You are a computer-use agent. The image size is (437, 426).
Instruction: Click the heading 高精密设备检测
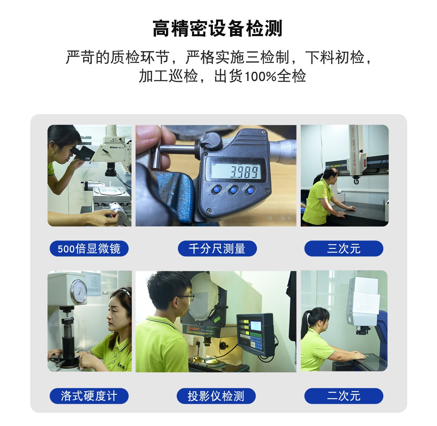(x=217, y=28)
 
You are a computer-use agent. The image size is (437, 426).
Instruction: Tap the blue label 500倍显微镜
(x=89, y=248)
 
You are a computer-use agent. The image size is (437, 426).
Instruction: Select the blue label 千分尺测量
(x=217, y=248)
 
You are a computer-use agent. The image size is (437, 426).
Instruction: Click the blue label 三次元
(x=344, y=248)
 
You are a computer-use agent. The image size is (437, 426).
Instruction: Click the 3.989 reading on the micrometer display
(x=244, y=172)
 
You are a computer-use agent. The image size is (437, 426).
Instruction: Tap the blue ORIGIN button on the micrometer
(x=217, y=190)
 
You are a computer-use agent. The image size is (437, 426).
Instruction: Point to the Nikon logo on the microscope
(x=114, y=147)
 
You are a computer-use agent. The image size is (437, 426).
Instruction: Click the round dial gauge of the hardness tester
(x=79, y=291)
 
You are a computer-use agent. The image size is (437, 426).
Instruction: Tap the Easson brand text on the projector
(x=193, y=329)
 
